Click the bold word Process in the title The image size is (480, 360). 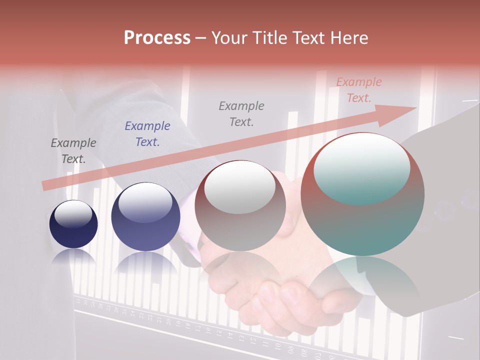point(157,38)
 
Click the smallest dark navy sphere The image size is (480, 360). point(73,224)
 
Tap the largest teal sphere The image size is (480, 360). point(362,195)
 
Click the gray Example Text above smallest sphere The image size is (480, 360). point(73,151)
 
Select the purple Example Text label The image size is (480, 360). point(147,134)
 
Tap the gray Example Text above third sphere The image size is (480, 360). point(241,114)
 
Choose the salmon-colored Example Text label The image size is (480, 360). point(359,90)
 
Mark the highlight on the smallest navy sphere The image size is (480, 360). point(73,214)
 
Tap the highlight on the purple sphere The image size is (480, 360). point(145,202)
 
